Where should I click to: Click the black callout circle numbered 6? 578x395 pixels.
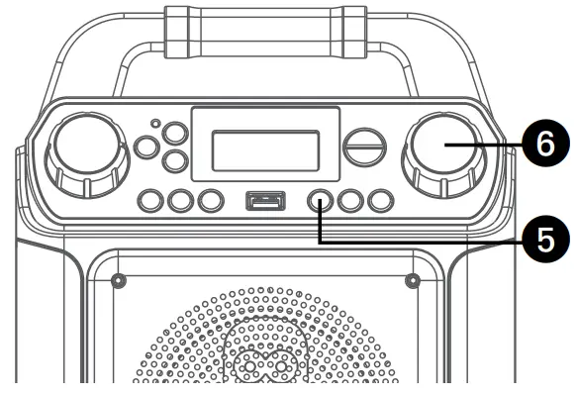542,145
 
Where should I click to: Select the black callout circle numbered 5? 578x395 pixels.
542,238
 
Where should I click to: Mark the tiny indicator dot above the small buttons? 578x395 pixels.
155,124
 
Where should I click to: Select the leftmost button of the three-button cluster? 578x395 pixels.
146,148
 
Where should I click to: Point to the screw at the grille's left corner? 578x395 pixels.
119,280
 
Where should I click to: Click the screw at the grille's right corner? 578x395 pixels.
412,280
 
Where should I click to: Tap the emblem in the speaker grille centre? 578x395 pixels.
265,361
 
